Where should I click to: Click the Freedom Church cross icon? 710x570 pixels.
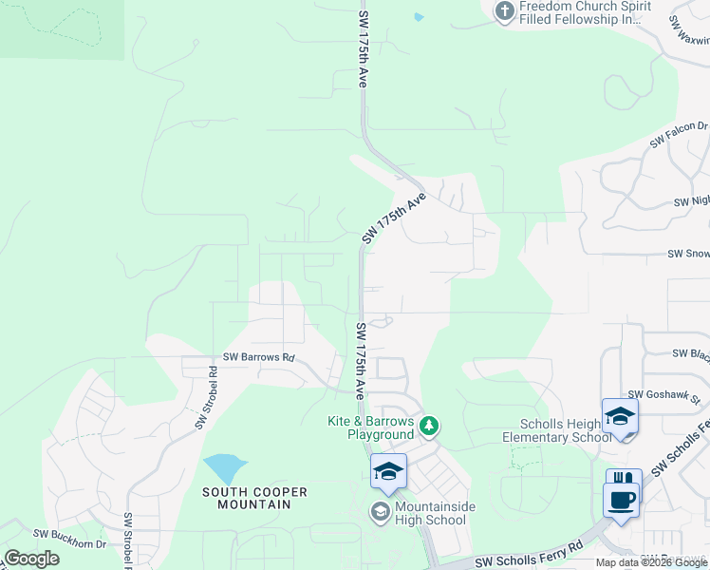pos(503,10)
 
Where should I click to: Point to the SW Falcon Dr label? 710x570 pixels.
pos(679,133)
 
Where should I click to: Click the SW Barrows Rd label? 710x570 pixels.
pos(259,358)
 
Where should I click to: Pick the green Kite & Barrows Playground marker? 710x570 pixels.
pos(429,427)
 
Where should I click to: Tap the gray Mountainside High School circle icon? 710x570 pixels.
pos(379,513)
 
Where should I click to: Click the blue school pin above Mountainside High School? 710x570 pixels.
pos(388,470)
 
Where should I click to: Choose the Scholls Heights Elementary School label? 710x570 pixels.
pos(566,430)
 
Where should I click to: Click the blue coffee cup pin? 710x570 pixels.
pos(622,501)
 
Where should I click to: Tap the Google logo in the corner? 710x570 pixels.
pos(31,559)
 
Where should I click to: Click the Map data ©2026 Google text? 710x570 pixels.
pos(651,562)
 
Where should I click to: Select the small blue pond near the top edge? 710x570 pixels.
pos(419,17)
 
